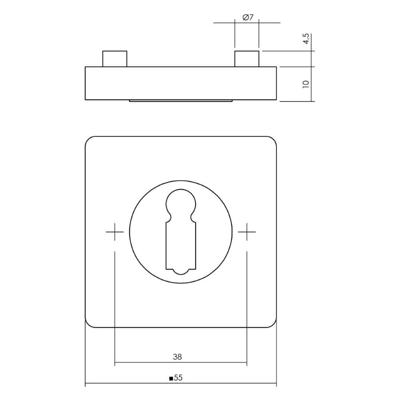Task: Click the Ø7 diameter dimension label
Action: click(248, 17)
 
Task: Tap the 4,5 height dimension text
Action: click(306, 38)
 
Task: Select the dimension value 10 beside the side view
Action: click(306, 84)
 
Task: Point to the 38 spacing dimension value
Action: click(177, 357)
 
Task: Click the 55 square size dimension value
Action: click(178, 378)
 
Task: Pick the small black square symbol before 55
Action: click(171, 378)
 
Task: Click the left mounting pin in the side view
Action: click(115, 59)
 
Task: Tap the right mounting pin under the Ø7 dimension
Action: click(247, 59)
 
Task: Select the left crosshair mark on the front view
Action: click(115, 232)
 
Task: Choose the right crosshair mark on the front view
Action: click(247, 232)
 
